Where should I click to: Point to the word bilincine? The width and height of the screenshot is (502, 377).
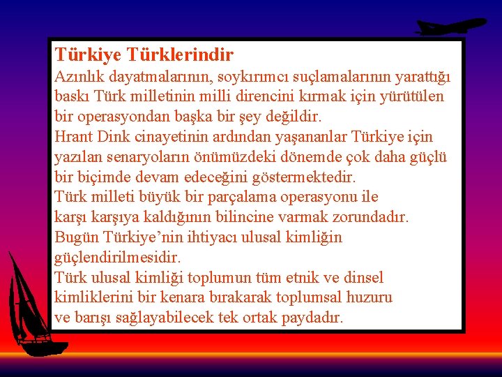270,217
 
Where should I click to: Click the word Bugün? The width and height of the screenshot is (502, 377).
75,237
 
